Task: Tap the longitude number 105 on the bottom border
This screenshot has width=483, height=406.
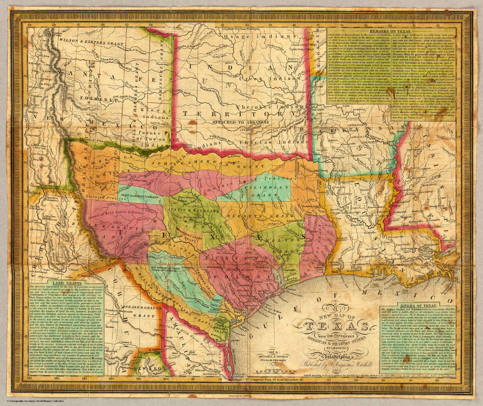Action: [29, 378]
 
